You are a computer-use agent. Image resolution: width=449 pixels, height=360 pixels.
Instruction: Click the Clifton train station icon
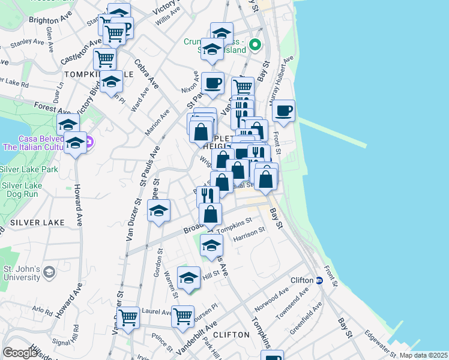coord(320,280)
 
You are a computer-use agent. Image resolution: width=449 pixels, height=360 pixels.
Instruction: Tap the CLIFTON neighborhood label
coord(231,334)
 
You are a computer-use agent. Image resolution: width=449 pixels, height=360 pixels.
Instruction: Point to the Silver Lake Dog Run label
coord(19,190)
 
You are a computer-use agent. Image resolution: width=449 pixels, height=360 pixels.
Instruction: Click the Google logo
coord(20,353)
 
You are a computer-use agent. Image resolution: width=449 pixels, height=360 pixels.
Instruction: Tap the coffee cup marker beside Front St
coord(283,110)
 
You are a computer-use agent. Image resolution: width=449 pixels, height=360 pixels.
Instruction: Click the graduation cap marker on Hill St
coord(189,278)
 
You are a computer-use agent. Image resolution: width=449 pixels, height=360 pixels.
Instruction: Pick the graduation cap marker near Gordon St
coord(158,211)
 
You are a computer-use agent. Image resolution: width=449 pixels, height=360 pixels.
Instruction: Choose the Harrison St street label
coord(249,233)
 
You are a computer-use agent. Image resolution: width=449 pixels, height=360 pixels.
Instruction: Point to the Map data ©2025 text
coord(424,355)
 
